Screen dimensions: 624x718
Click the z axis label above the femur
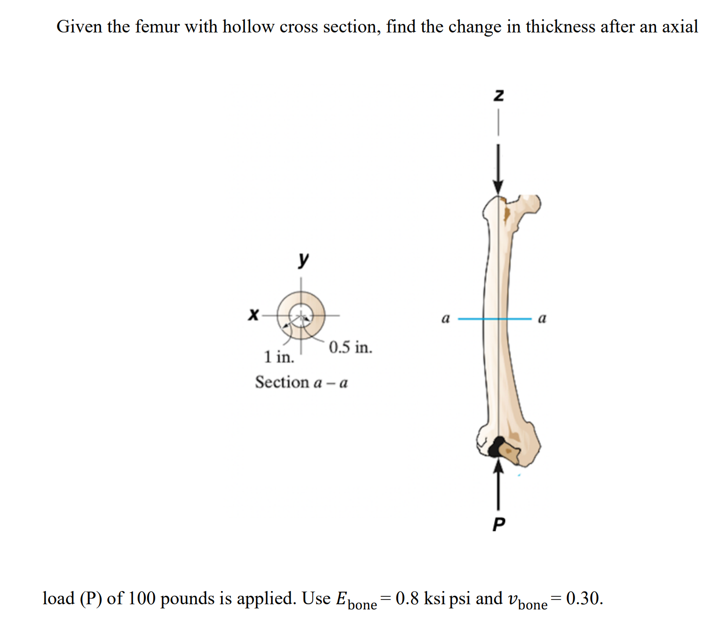(498, 95)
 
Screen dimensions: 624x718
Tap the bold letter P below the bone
(498, 523)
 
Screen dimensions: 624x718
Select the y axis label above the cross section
(303, 259)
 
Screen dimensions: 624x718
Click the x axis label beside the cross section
(253, 314)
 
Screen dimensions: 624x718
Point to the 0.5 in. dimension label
(350, 348)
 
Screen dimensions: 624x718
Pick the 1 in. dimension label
(279, 357)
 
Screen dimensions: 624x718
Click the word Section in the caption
(282, 382)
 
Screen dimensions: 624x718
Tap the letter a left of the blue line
(445, 318)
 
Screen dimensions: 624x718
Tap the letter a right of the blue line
(542, 318)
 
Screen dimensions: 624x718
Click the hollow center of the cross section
(301, 314)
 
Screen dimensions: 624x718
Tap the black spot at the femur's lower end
(495, 447)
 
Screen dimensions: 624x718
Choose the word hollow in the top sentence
(248, 27)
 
